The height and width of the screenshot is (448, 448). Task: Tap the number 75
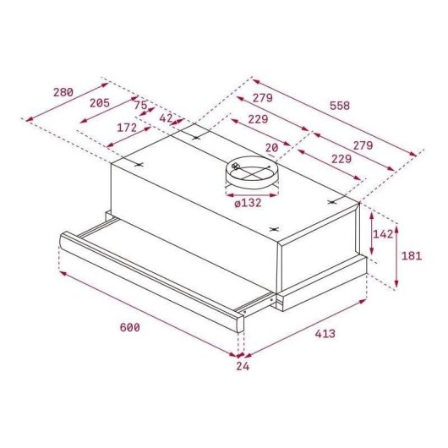pos(140,106)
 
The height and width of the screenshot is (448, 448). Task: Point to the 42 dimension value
pos(166,118)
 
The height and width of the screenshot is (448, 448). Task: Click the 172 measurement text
pos(127,128)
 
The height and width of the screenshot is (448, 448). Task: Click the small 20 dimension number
pos(271,147)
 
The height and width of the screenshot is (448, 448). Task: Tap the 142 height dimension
pos(384,234)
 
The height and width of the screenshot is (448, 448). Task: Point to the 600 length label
pos(128,327)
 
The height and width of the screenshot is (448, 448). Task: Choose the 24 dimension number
pos(243,366)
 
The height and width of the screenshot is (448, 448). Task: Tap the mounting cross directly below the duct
pos(272,229)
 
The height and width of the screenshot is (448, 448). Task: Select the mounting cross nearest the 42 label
pos(196,137)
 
